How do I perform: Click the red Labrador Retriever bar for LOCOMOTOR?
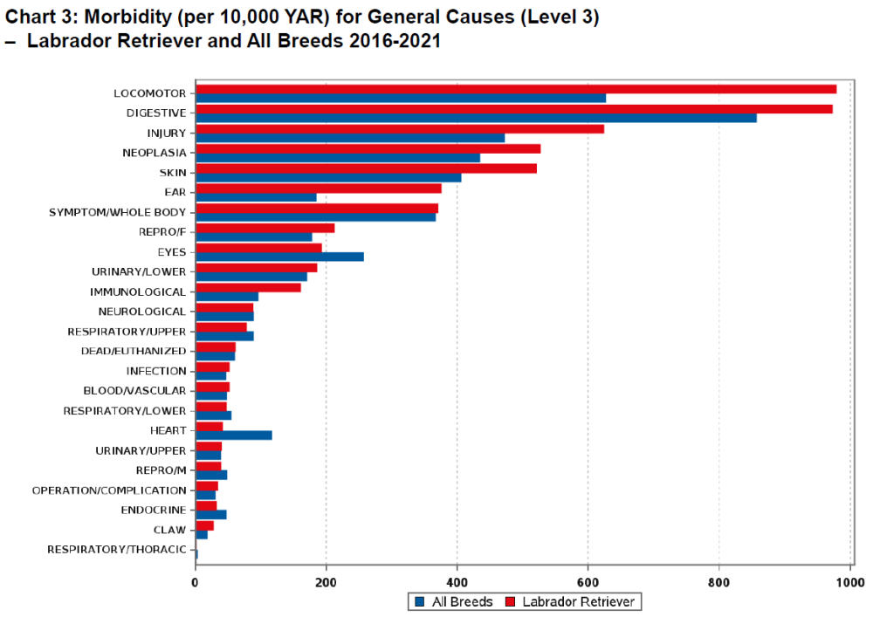tap(515, 89)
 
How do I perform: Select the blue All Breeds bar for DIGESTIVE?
tap(476, 118)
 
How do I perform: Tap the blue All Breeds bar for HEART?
tap(234, 435)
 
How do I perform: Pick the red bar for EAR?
tap(319, 189)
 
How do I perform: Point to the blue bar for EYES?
tap(279, 257)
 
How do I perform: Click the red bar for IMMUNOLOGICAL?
tap(248, 287)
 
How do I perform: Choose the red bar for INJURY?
tap(400, 129)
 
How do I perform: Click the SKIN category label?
tap(172, 173)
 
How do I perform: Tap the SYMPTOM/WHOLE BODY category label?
tap(117, 212)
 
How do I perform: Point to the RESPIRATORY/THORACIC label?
tap(116, 549)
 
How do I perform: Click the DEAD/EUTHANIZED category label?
tap(127, 351)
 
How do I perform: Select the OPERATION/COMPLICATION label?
tap(109, 490)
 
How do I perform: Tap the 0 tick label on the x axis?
tap(196, 582)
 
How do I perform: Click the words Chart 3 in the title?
tap(41, 17)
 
